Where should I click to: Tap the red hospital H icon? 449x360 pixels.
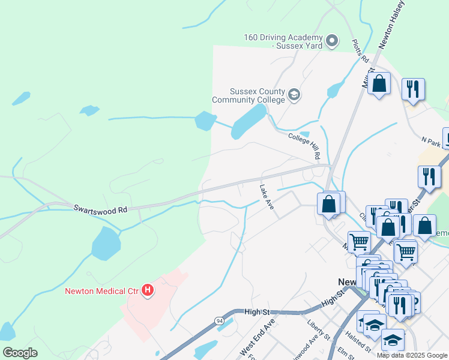click(x=148, y=292)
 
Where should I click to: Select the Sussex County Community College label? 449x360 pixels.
click(x=249, y=95)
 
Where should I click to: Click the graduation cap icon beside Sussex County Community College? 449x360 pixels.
click(x=294, y=94)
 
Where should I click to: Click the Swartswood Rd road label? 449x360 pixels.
click(x=101, y=209)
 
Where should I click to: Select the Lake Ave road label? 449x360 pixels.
click(x=267, y=197)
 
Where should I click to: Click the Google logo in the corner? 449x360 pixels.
click(x=20, y=352)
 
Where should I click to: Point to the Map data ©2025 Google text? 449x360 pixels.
click(x=412, y=355)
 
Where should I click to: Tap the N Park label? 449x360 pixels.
click(x=431, y=142)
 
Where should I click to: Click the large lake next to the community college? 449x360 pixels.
click(x=248, y=121)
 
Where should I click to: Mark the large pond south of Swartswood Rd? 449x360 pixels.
click(x=106, y=244)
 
